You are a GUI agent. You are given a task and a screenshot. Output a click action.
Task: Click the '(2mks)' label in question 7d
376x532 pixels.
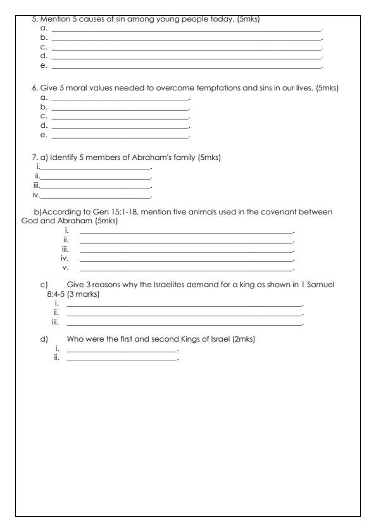242,338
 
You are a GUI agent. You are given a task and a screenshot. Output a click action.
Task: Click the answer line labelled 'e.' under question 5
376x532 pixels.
186,66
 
